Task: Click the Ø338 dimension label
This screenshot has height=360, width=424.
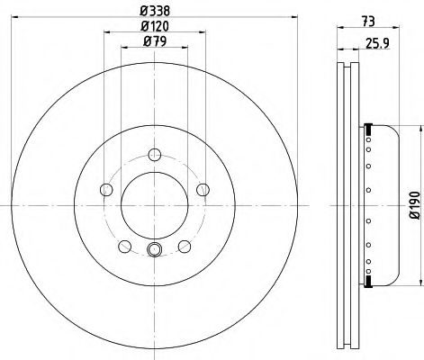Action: click(155, 12)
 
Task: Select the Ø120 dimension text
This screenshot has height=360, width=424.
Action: click(155, 26)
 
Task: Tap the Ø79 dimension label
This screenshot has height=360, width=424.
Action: click(155, 41)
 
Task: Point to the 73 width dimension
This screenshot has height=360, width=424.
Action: click(368, 22)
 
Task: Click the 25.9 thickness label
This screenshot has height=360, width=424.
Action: click(378, 44)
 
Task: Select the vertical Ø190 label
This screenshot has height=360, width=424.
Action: click(415, 205)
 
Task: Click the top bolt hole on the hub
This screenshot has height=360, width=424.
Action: click(155, 155)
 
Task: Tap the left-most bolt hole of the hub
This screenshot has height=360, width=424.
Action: click(106, 190)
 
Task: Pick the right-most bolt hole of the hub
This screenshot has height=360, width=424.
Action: click(203, 190)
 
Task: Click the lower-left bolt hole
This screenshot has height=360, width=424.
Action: click(125, 247)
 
